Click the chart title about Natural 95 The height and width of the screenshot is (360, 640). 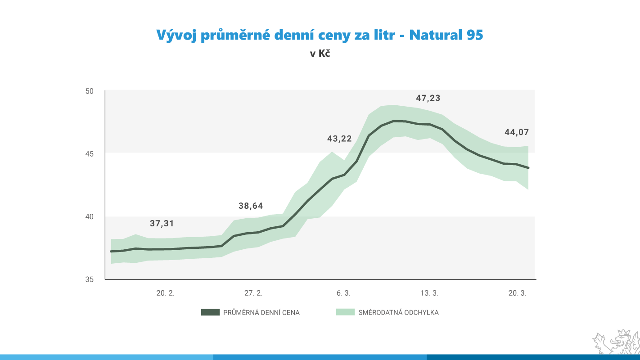point(320,35)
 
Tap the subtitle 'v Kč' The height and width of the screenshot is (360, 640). point(320,54)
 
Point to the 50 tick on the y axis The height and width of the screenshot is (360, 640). point(89,91)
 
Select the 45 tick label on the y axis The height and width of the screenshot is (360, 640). point(89,154)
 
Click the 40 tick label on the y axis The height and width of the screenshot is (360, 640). point(89,216)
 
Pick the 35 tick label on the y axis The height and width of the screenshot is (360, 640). point(89,279)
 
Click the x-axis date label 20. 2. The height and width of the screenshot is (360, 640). point(166,293)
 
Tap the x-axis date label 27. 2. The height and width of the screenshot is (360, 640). point(253,293)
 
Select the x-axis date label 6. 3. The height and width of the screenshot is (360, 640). point(343,293)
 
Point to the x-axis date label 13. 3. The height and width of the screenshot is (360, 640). point(429,293)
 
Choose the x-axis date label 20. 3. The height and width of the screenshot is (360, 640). point(518,293)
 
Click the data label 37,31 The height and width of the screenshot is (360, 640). point(162,224)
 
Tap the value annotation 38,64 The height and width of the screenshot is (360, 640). point(250,206)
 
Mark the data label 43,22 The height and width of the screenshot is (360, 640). point(339,139)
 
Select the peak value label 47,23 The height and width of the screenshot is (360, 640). point(428,98)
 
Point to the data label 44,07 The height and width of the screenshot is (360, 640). point(517,132)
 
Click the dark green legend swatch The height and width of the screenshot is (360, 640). point(210,312)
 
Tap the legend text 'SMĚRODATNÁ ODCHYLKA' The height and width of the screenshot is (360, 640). point(398,312)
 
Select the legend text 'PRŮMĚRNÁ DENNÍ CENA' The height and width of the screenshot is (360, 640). point(261,312)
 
